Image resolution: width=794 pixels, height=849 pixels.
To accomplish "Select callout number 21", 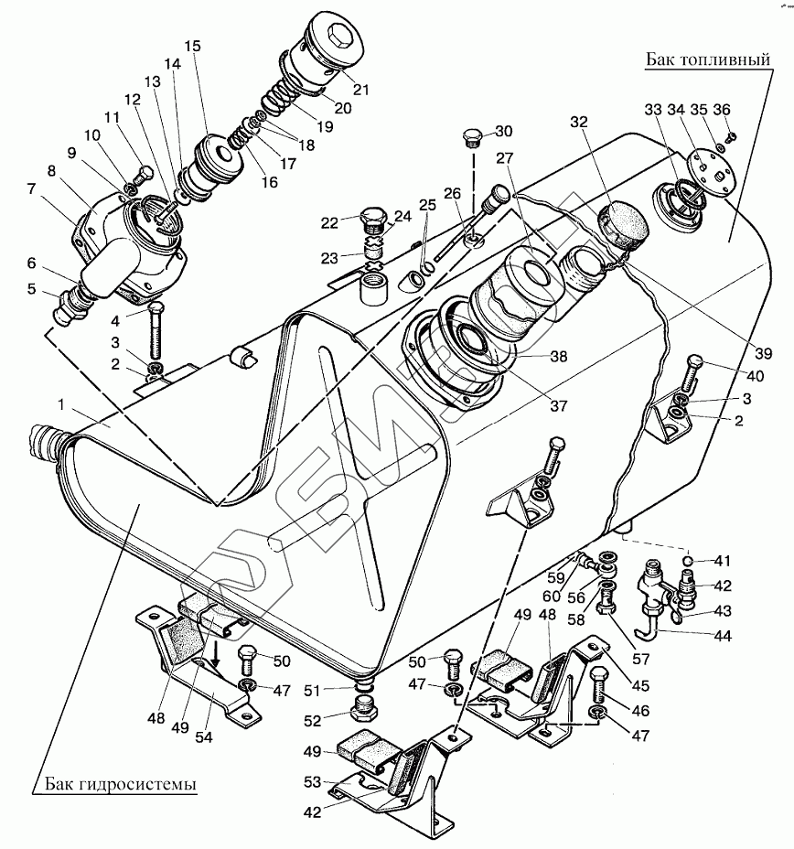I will [x=360, y=89].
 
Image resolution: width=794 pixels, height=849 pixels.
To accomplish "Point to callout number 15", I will [x=191, y=46].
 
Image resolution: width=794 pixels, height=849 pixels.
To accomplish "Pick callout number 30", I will [x=503, y=130].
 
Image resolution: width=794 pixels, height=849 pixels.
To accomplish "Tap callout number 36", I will [x=722, y=110].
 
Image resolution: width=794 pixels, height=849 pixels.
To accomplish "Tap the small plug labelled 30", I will [x=473, y=138].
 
